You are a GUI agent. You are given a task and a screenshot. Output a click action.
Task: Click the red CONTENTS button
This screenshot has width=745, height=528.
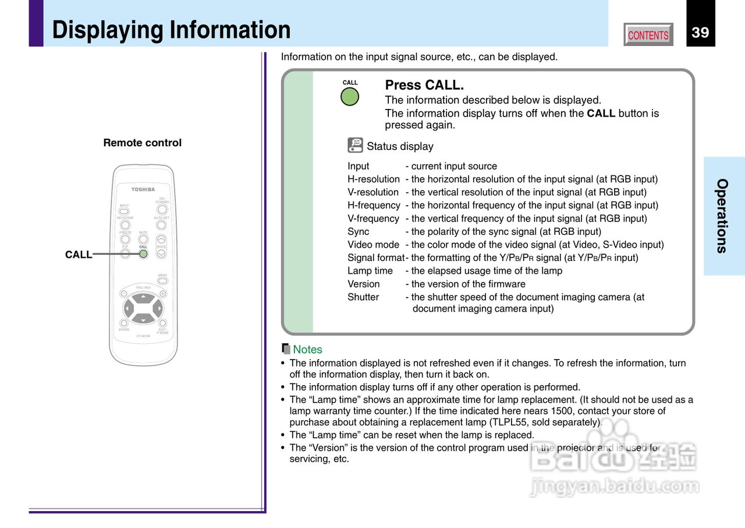click(648, 35)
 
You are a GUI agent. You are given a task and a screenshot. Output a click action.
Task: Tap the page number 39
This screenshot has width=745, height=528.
click(700, 33)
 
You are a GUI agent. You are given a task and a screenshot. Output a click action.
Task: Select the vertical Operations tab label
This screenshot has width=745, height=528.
click(722, 216)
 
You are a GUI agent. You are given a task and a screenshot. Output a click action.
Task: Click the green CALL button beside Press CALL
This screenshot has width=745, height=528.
click(350, 96)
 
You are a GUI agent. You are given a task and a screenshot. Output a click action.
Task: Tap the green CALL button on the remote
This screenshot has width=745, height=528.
click(143, 254)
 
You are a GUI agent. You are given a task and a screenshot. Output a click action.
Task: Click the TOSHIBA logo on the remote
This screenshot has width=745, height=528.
click(143, 189)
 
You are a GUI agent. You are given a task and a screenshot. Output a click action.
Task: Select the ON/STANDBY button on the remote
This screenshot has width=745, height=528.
click(162, 209)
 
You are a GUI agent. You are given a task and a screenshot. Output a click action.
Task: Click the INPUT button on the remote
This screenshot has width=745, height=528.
click(124, 212)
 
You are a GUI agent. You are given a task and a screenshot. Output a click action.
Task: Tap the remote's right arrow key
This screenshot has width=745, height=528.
click(158, 308)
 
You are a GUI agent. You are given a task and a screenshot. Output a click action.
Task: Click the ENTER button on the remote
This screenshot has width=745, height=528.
click(124, 323)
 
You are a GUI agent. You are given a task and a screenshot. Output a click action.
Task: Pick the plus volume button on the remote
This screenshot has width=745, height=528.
click(162, 294)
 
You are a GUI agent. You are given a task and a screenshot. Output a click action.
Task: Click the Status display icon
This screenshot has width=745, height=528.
click(355, 145)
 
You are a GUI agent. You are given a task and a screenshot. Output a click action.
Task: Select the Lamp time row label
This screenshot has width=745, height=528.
click(370, 271)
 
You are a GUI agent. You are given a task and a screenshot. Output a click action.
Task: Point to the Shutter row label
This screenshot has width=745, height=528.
click(363, 297)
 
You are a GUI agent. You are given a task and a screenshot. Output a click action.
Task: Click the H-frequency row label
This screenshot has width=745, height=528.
click(374, 205)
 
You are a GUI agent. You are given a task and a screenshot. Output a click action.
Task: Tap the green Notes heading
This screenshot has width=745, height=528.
click(307, 350)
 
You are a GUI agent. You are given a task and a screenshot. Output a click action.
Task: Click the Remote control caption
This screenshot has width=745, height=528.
click(143, 143)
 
